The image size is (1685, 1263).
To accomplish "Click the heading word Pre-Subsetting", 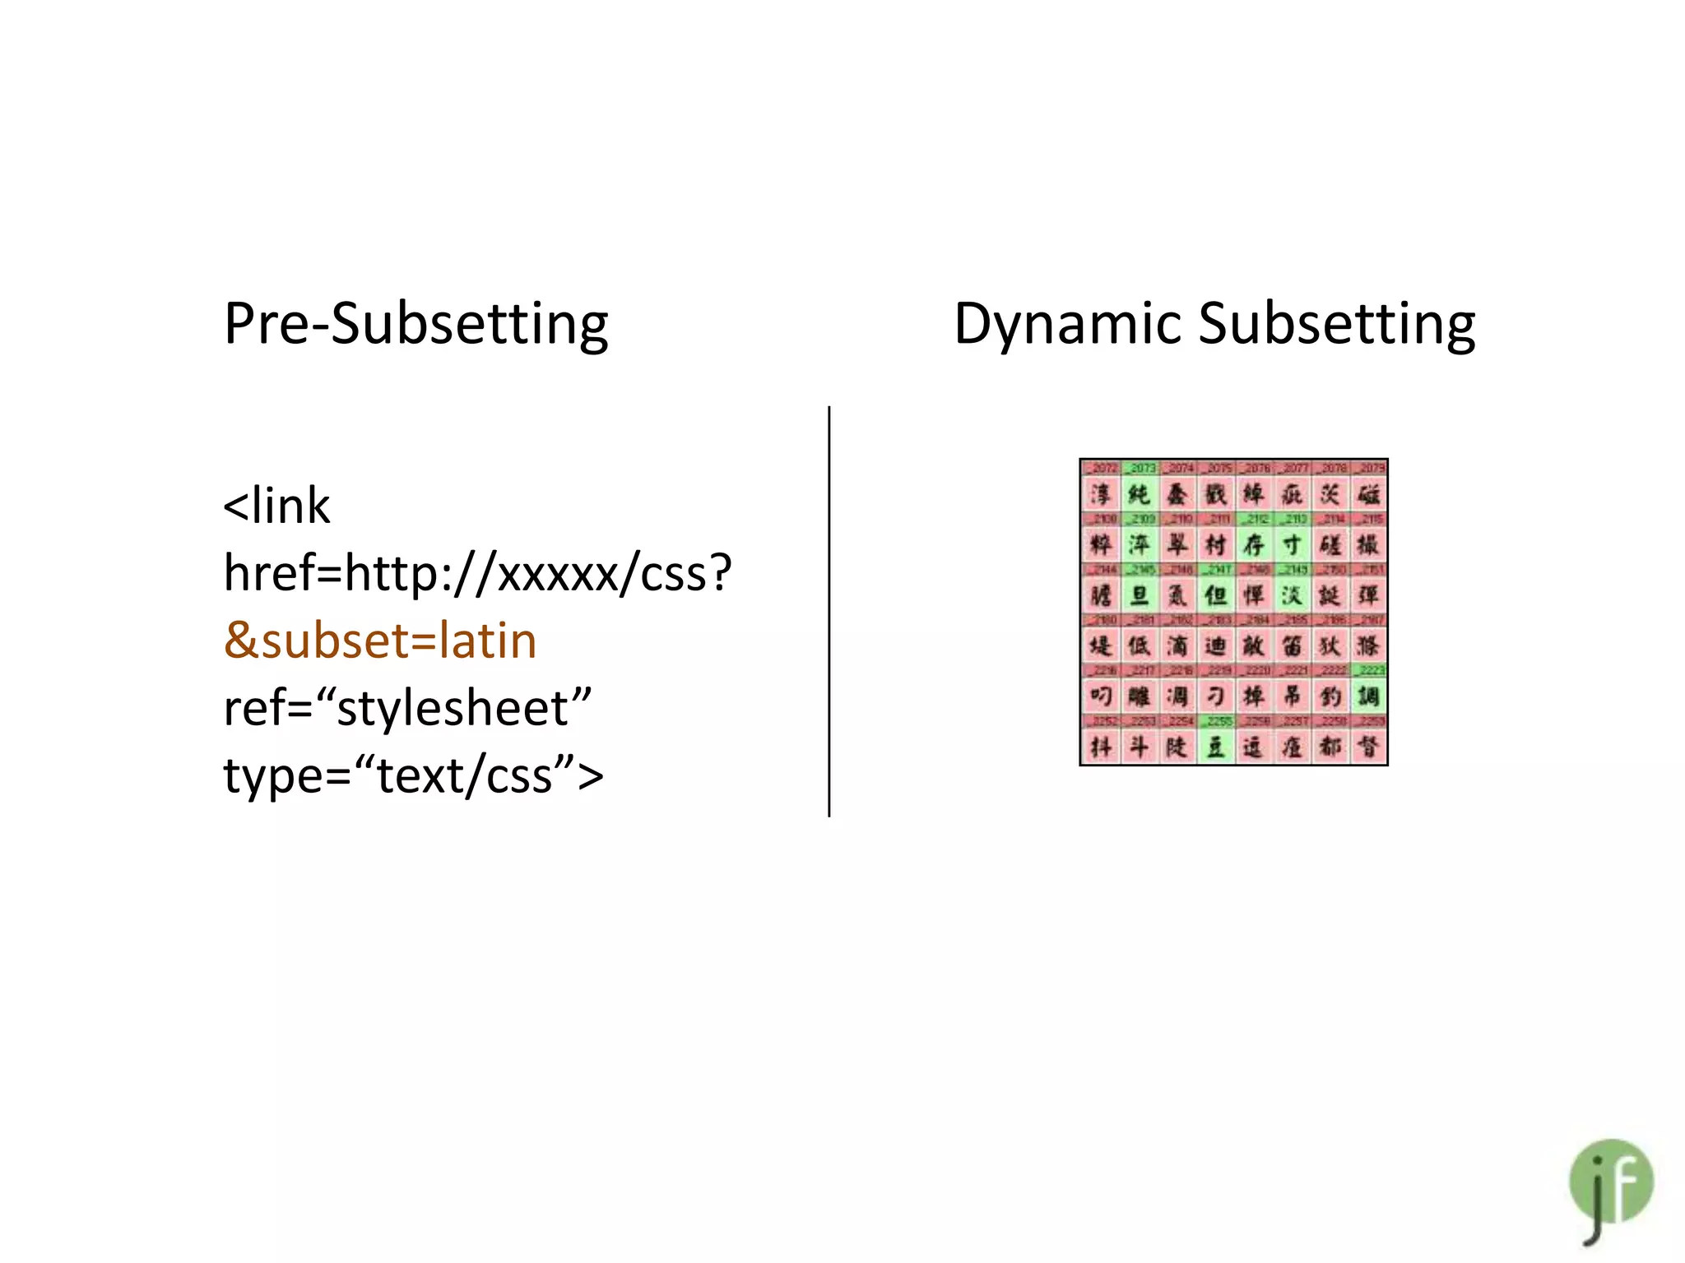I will click(x=415, y=324).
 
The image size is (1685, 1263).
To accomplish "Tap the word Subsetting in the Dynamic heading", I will click(x=1336, y=324).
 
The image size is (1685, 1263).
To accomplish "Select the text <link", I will click(x=276, y=505).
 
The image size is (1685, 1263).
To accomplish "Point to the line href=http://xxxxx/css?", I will click(x=477, y=572).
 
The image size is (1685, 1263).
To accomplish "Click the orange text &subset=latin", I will click(x=380, y=641).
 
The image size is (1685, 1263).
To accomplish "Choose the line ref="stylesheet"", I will click(x=407, y=708).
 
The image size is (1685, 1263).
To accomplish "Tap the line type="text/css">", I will click(x=413, y=775).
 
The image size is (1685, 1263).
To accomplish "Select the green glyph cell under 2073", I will click(x=1140, y=495).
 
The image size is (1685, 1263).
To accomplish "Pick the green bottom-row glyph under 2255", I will click(x=1215, y=747).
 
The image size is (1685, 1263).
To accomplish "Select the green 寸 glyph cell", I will click(x=1293, y=545).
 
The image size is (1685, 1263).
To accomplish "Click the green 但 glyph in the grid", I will click(x=1215, y=595).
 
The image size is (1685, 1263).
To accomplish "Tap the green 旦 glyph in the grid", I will click(x=1140, y=595).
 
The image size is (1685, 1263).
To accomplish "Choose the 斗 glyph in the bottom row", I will click(x=1140, y=747).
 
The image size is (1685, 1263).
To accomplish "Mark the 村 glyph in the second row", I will click(x=1215, y=545).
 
